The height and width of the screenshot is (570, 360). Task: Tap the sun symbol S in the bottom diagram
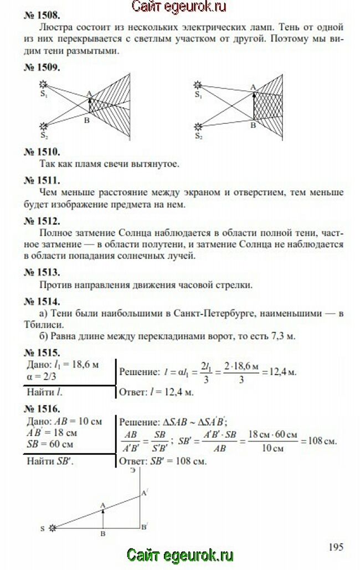54,529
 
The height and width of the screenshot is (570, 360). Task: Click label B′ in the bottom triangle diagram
144,527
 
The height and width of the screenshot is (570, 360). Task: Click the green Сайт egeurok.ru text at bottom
180,555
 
